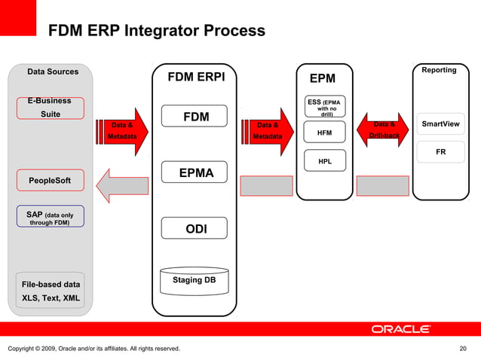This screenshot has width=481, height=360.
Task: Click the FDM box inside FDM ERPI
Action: tap(196, 117)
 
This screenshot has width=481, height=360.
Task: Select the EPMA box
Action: tap(196, 173)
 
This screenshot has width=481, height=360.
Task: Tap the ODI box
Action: tap(196, 228)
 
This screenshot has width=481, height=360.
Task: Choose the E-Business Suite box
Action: tap(50, 108)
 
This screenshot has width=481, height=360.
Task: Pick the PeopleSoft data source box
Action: tap(50, 181)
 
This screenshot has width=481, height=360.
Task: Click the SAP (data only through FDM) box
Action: tap(50, 217)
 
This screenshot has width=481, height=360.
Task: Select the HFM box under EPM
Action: tap(324, 133)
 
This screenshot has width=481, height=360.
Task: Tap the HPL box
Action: tap(324, 161)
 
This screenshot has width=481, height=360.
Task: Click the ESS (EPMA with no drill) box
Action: tap(324, 107)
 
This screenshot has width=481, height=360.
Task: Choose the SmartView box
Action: tap(440, 124)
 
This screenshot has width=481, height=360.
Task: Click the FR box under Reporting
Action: tap(440, 152)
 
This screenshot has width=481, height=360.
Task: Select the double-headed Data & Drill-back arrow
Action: tap(384, 130)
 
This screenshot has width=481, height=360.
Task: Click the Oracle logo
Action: tap(400, 329)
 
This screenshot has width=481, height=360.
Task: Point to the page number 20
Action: tap(463, 348)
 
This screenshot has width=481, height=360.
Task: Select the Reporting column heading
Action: tap(439, 70)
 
